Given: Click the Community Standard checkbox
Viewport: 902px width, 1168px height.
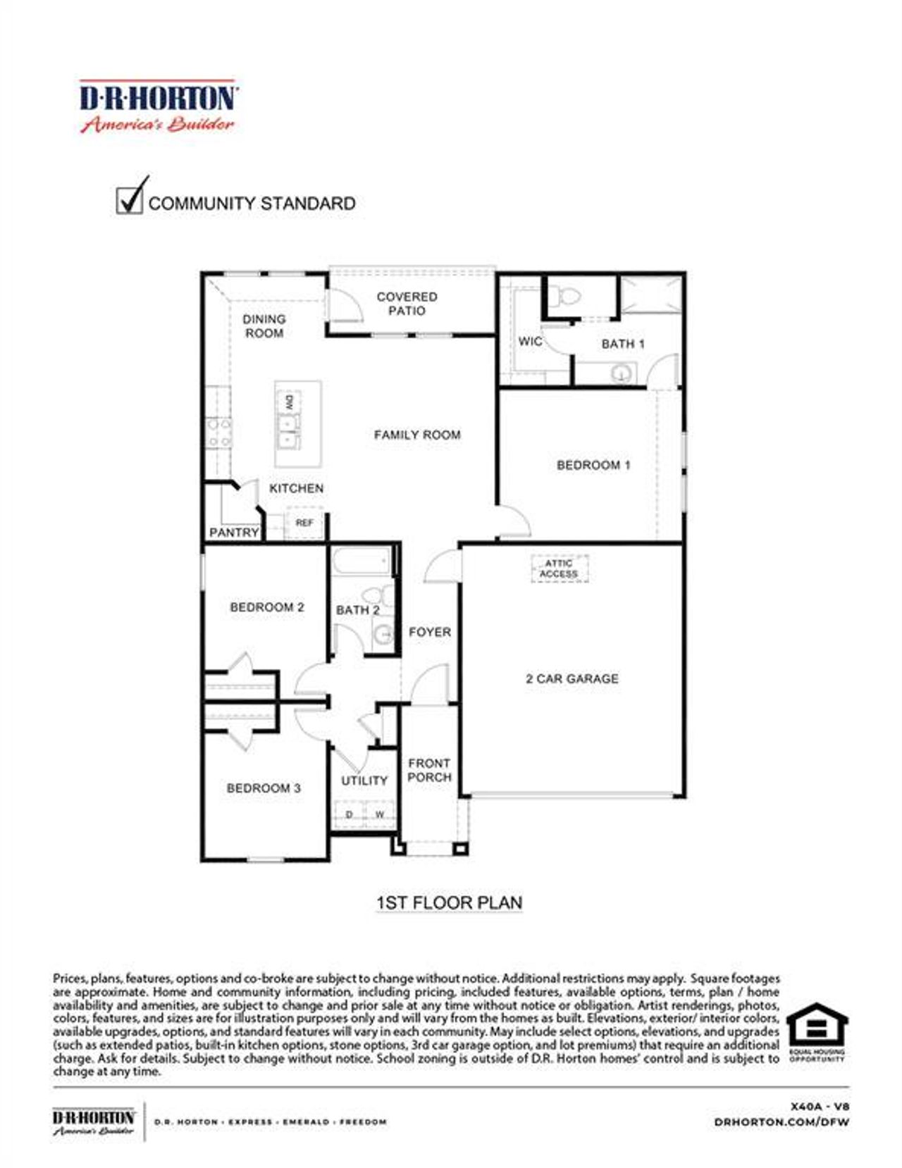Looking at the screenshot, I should [129, 199].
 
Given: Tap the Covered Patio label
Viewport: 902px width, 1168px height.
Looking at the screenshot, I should [407, 304].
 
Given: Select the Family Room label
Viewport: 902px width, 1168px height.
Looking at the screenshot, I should [417, 435].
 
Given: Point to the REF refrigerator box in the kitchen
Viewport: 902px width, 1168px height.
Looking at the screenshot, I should [304, 523].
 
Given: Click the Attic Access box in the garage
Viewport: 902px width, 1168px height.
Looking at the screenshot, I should [559, 569].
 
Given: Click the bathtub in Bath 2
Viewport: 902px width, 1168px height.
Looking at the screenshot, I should [361, 563].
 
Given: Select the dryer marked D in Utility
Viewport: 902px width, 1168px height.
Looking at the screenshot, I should [349, 814].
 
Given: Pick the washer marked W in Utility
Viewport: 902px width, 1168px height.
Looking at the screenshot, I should [380, 814].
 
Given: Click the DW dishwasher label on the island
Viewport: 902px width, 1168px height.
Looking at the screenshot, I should [289, 404].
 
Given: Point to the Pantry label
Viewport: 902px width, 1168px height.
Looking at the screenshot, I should [234, 533].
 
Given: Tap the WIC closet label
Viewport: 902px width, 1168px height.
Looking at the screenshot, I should [530, 342].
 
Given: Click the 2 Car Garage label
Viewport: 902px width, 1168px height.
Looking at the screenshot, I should [572, 679].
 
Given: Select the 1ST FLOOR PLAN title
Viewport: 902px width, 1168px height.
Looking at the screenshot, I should [450, 902].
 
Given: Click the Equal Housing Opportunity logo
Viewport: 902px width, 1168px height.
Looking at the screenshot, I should [817, 1031].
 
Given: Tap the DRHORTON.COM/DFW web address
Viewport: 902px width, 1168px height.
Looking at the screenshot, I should [781, 1122].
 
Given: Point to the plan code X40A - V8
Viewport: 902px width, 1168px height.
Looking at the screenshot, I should [820, 1107].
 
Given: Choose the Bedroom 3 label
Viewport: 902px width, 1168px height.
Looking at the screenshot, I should [264, 788].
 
